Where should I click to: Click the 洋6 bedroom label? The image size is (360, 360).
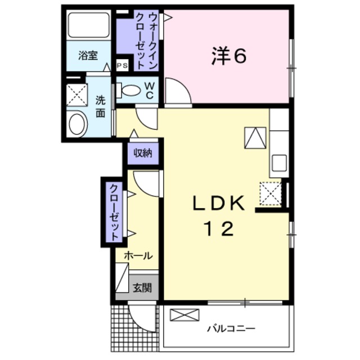pyautogui.click(x=229, y=56)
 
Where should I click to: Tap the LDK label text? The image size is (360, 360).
pyautogui.click(x=219, y=203)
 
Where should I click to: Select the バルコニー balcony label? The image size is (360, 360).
pyautogui.click(x=231, y=328)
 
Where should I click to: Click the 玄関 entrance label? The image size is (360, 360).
pyautogui.click(x=142, y=287)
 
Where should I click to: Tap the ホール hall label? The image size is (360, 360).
pyautogui.click(x=138, y=255)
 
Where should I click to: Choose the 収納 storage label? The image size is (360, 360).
pyautogui.click(x=143, y=153)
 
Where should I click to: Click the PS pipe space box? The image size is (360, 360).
pyautogui.click(x=122, y=65)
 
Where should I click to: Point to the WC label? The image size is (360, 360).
pyautogui.click(x=149, y=91)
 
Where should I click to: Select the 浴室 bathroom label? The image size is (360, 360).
pyautogui.click(x=88, y=55)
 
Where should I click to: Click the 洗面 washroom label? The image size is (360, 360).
pyautogui.click(x=101, y=107)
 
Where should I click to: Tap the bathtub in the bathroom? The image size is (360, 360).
pyautogui.click(x=89, y=25)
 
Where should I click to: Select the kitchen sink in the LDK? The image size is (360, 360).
pyautogui.click(x=279, y=163)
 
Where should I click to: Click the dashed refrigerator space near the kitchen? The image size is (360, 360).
pyautogui.click(x=271, y=193)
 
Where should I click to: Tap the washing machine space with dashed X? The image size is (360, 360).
pyautogui.click(x=77, y=95)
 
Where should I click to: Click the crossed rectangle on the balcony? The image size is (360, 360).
pyautogui.click(x=184, y=315)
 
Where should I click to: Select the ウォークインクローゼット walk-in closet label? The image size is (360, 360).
pyautogui.click(x=146, y=41)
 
